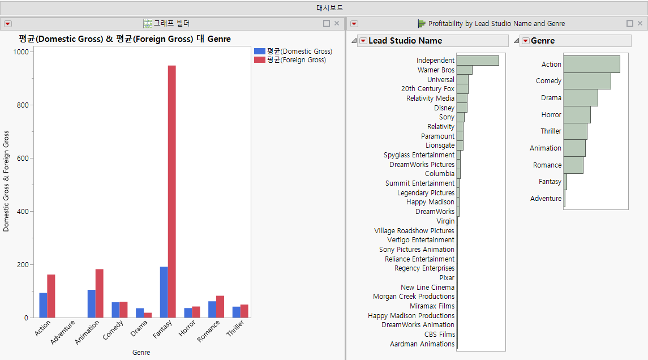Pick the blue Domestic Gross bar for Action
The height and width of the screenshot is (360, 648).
point(43,305)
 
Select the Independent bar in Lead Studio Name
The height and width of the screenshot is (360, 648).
point(477,61)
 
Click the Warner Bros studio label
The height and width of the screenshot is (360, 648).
point(436,70)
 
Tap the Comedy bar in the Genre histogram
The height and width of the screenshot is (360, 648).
point(587,81)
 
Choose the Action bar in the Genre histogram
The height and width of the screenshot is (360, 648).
point(591,64)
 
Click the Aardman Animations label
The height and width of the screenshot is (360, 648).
point(422,344)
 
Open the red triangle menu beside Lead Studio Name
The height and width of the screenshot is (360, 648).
point(363,41)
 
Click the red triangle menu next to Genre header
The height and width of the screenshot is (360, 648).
point(525,41)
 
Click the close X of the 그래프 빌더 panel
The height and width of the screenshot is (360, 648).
point(337,23)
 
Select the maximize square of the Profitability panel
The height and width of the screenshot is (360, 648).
point(630,23)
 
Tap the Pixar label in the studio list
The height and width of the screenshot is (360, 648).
point(447,278)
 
